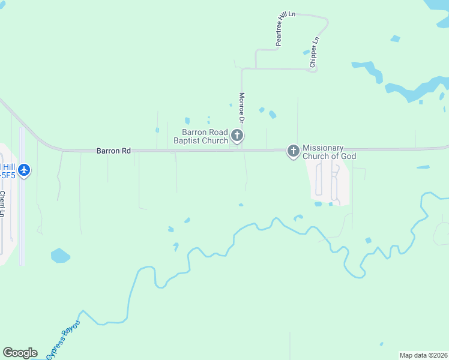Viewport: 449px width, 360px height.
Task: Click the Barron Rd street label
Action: pyautogui.click(x=113, y=151)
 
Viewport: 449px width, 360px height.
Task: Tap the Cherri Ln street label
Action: pyautogui.click(x=3, y=204)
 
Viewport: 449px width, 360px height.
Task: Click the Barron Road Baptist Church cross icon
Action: pyautogui.click(x=237, y=136)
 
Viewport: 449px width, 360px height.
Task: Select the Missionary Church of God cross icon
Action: pyautogui.click(x=293, y=151)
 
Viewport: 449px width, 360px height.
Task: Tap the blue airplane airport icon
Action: pyautogui.click(x=24, y=170)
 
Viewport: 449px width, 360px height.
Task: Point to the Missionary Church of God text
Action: pyautogui.click(x=329, y=152)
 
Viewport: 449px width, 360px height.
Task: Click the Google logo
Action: pyautogui.click(x=19, y=353)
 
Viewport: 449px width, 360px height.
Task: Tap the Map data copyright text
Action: pyautogui.click(x=423, y=355)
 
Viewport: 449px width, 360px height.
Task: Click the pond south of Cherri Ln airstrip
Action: pyautogui.click(x=60, y=256)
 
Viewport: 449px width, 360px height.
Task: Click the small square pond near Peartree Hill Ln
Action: pyautogui.click(x=395, y=39)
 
